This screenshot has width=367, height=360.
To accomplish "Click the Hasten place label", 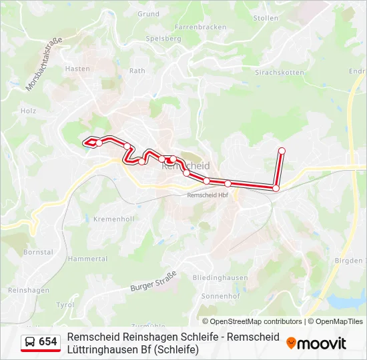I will click(78, 69).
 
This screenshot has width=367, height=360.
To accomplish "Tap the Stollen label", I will click(266, 18).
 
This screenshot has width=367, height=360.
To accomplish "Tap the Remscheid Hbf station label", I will click(208, 195).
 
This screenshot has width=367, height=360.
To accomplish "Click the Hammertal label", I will click(87, 259).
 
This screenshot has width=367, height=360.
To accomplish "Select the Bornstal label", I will click(38, 253).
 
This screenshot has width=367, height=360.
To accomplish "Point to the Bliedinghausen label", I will click(220, 277).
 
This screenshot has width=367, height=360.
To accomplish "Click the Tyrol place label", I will click(65, 305).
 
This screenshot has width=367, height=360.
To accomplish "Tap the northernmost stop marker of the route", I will click(282, 151).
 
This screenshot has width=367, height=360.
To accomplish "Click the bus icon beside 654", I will click(30, 342).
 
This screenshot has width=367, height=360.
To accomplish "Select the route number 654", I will click(48, 342).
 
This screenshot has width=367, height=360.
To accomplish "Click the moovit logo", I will click(316, 343).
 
